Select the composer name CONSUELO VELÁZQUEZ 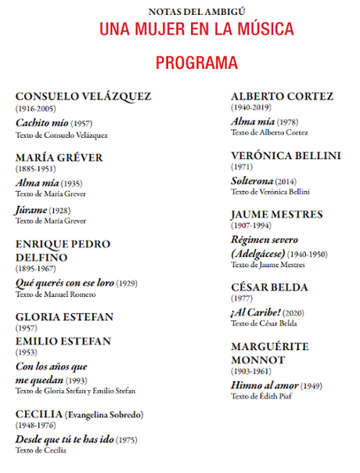tap(83, 96)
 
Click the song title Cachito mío tap(41, 123)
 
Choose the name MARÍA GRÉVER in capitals tap(59, 157)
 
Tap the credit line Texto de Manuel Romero tap(56, 294)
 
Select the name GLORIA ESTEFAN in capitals tap(64, 316)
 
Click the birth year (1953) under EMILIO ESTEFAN tap(27, 352)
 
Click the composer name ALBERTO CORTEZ tap(282, 96)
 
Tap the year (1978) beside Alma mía tap(287, 122)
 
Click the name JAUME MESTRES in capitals tap(276, 214)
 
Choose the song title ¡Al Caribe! tap(255, 313)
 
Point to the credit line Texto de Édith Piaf tap(263, 397)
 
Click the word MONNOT tap(257, 360)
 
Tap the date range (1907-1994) tap(251, 226)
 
